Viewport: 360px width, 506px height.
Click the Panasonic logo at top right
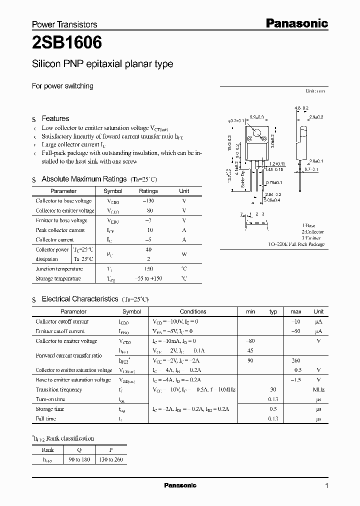click(x=296, y=23)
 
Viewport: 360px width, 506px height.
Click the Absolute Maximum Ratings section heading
click(x=84, y=179)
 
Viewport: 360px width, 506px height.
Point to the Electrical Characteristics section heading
click(x=80, y=299)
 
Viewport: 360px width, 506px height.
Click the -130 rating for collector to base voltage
click(x=148, y=200)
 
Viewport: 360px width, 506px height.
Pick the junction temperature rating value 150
click(x=148, y=268)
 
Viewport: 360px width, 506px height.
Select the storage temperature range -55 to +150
click(x=148, y=278)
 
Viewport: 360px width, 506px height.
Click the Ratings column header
click(x=148, y=191)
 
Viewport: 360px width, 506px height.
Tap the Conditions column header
click(x=193, y=311)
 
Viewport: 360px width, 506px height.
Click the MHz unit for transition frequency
click(x=318, y=389)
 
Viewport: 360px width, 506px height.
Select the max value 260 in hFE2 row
click(x=295, y=360)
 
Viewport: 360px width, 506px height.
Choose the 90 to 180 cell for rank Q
click(x=79, y=459)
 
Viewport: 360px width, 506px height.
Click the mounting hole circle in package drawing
click(x=256, y=133)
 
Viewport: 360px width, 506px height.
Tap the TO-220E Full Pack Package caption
click(x=296, y=244)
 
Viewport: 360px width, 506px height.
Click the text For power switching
click(x=62, y=86)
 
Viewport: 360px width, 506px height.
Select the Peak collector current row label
click(x=60, y=230)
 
